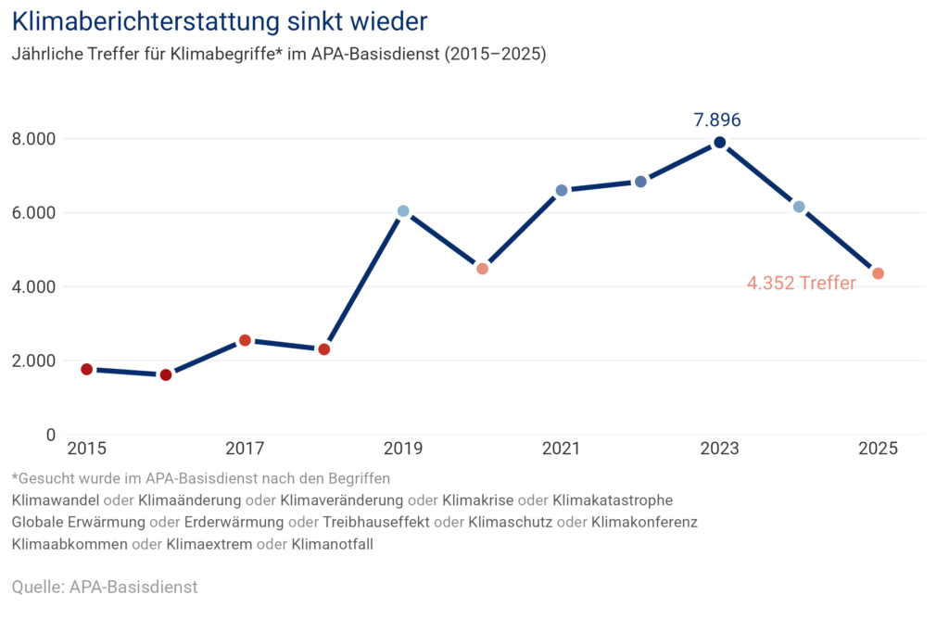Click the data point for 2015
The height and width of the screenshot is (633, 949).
87,369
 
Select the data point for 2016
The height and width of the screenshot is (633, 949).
166,374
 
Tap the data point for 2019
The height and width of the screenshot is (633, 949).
402,210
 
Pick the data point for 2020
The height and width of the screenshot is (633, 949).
482,269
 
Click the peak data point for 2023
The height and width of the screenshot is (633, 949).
719,142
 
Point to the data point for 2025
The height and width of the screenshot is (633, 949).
878,272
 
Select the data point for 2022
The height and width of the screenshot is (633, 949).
640,182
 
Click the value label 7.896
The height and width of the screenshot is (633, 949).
717,120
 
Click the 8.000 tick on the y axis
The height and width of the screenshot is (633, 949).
33,139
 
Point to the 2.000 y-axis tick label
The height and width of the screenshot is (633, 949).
33,361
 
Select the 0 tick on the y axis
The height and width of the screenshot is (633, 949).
50,435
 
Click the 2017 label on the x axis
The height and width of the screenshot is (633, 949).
245,449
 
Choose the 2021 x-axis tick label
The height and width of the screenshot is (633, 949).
561,449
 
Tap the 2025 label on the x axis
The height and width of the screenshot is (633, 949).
878,449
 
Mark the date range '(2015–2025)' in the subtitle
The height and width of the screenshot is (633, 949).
496,54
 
